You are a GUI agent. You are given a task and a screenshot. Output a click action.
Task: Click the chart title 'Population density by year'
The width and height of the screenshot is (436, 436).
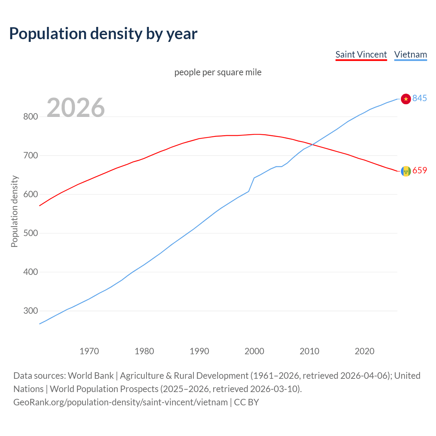coord(103,34)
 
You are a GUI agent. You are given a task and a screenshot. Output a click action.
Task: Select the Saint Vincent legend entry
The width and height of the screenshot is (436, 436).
coord(361,54)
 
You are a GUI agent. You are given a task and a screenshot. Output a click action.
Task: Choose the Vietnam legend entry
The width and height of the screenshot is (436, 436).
coord(410,54)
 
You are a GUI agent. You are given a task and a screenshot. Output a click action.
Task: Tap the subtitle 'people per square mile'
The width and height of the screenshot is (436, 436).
coord(218,72)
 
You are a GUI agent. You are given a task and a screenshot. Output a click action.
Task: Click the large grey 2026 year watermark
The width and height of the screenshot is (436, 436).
coord(76,108)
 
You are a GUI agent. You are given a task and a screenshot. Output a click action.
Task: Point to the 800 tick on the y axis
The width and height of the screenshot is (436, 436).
coord(30,117)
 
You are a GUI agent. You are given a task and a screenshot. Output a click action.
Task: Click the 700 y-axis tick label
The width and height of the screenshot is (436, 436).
coord(30,156)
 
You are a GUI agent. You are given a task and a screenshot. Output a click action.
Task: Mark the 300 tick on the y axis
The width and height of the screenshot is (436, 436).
coord(30,311)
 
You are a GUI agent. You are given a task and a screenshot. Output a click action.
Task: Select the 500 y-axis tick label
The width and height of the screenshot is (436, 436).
coord(30,233)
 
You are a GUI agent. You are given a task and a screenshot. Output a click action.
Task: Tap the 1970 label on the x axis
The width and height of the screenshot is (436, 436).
coord(89,351)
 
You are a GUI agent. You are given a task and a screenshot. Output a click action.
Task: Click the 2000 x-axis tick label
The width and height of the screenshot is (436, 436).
coord(254,351)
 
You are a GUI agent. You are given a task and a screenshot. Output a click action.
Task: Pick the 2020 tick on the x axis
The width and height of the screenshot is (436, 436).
coord(364,351)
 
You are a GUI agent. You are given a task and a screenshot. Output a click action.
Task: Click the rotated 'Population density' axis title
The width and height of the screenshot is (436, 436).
coord(14,211)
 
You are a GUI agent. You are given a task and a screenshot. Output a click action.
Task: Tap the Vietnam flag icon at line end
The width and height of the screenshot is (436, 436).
coord(406,99)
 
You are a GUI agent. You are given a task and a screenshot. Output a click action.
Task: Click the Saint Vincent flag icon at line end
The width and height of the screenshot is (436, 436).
coord(406,171)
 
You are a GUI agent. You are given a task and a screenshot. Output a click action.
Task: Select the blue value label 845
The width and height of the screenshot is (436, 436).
coord(420,98)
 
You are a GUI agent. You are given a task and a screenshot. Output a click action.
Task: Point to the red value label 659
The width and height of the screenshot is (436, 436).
coord(420,171)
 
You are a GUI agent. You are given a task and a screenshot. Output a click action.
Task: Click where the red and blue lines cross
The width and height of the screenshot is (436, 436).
coord(313,145)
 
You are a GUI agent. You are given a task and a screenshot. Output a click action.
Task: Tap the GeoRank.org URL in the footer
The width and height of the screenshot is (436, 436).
coord(120,402)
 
